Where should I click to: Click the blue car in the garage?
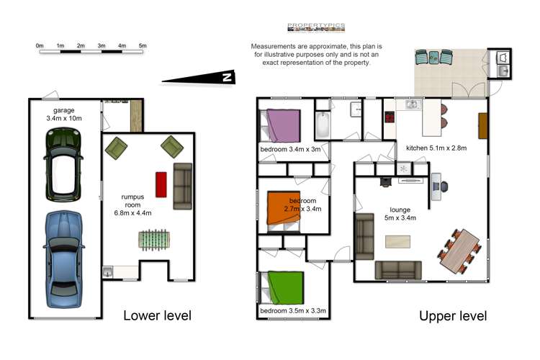click(63, 259)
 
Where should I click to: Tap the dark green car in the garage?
click(63, 165)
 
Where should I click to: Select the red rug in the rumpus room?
click(161, 184)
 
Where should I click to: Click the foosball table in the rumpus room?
click(154, 240)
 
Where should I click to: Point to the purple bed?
click(281, 125)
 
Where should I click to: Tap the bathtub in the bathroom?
click(323, 125)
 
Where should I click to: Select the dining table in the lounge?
click(460, 251)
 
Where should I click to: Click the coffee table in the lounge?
click(397, 241)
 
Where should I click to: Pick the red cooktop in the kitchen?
click(390, 117)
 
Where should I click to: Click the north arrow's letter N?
click(227, 77)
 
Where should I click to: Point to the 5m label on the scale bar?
click(143, 45)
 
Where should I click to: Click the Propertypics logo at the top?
click(316, 27)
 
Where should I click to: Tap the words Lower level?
click(158, 315)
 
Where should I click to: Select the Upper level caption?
click(453, 316)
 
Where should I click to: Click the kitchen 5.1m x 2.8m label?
click(436, 148)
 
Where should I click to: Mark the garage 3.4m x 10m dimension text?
click(63, 114)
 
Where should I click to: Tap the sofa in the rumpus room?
click(183, 186)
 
